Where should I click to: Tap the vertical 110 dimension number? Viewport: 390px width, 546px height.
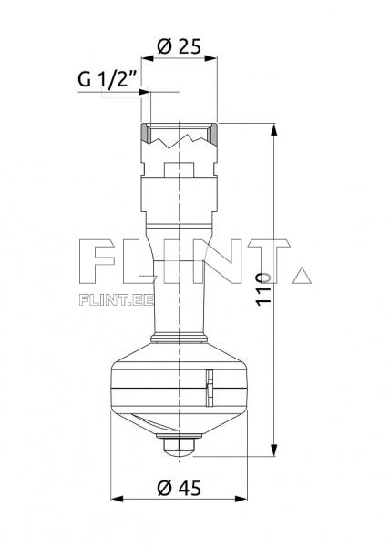pyautogui.click(x=263, y=288)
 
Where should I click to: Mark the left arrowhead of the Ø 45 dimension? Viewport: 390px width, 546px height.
pyautogui.click(x=116, y=499)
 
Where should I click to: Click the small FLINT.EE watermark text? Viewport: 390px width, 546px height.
pyautogui.click(x=116, y=298)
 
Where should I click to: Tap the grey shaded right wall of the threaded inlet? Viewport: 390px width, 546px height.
pyautogui.click(x=216, y=135)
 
